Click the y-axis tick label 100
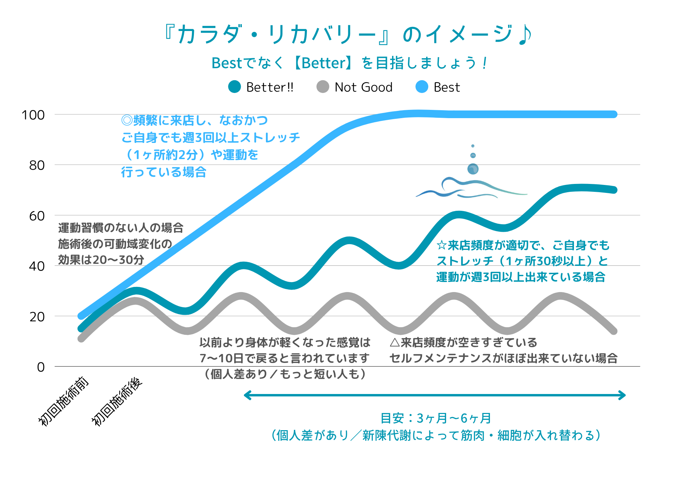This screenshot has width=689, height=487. click(x=33, y=115)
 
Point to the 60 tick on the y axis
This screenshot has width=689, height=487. click(x=37, y=216)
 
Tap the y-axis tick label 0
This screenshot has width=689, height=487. click(x=41, y=367)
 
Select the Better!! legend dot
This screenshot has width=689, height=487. click(x=235, y=87)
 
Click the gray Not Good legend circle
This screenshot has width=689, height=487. click(x=323, y=87)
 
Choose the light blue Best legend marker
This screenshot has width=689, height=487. click(x=422, y=87)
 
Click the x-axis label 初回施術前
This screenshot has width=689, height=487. click(x=64, y=401)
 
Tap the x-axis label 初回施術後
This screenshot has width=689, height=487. click(x=117, y=401)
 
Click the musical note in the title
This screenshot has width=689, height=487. click(x=525, y=35)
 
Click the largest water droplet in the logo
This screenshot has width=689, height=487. click(x=473, y=169)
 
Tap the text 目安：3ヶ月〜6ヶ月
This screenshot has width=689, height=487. click(x=435, y=418)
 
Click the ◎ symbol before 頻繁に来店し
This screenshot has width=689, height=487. click(x=127, y=120)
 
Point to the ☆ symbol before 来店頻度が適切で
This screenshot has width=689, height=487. click(x=441, y=245)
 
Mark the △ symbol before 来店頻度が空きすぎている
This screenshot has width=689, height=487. click(x=394, y=342)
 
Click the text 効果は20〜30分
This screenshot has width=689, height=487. click(x=101, y=260)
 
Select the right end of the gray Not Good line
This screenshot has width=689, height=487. click(x=614, y=331)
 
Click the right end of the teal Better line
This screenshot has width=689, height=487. click(x=614, y=190)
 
